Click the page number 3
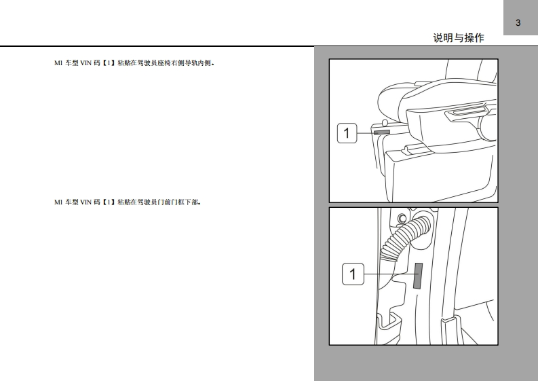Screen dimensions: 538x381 point(518,22)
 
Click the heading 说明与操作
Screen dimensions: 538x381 point(459,38)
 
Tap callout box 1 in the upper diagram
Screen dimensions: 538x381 point(347,133)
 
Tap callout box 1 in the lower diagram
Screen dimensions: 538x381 point(353,274)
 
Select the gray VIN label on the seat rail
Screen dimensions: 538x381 point(382,132)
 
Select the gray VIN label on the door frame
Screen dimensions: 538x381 point(418,276)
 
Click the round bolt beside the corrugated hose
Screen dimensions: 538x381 point(402,219)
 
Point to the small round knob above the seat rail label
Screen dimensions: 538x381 point(385,123)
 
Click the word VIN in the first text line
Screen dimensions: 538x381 point(85,63)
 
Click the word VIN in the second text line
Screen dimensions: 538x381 point(85,202)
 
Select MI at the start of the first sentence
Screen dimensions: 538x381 point(58,63)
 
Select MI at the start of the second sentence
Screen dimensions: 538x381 point(58,202)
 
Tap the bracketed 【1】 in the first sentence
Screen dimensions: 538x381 point(109,63)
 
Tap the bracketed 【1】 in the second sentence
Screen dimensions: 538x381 point(109,202)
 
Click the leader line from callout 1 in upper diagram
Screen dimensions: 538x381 point(366,132)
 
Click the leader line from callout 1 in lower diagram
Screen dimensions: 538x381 point(389,274)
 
